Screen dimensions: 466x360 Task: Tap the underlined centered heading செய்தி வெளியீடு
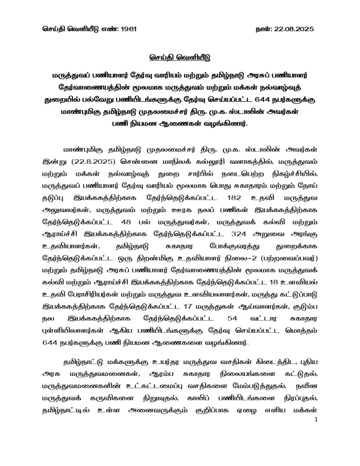pyautogui.click(x=180, y=58)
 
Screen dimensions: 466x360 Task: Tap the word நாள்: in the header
pyautogui.click(x=264, y=29)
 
